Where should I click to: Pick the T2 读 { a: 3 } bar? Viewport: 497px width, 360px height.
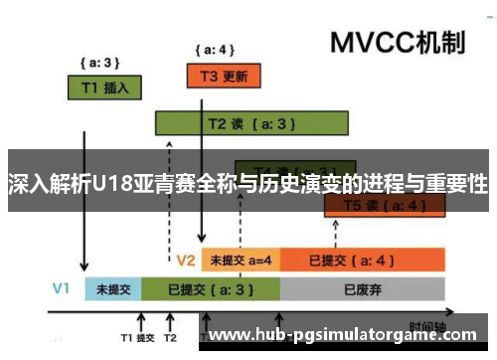point(251,123)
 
